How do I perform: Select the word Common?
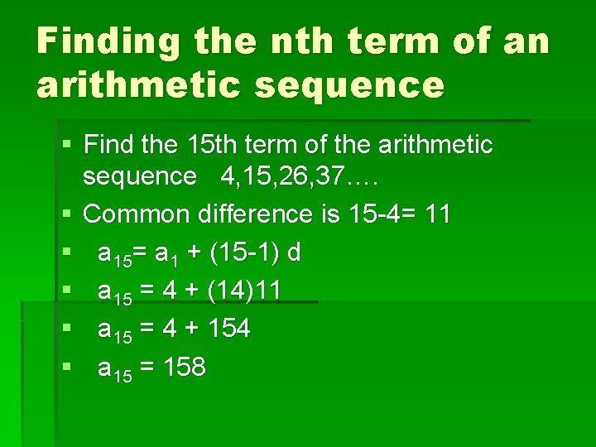tap(137, 214)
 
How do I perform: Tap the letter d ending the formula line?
tap(292, 252)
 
